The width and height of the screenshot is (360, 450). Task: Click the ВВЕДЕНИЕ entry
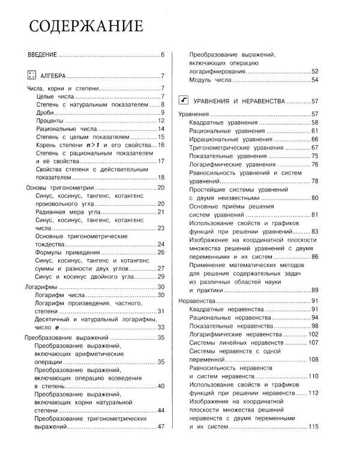(x=42, y=55)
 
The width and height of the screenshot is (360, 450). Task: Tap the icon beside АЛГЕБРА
(x=32, y=76)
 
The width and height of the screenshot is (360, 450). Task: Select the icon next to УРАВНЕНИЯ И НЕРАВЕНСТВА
(x=185, y=101)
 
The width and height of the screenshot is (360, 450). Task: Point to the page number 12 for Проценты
(x=161, y=121)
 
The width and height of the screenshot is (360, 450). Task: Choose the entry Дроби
(x=44, y=112)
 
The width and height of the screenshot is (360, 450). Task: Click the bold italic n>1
(x=92, y=145)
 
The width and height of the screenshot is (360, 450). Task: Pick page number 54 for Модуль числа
(x=314, y=80)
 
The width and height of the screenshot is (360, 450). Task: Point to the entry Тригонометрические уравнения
(x=233, y=148)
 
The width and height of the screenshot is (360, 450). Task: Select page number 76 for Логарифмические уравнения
(x=314, y=164)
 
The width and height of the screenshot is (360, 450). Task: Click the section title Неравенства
(x=197, y=300)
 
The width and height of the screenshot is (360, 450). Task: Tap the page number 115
(x=313, y=427)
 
